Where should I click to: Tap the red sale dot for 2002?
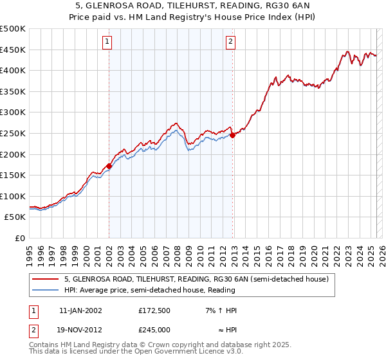tap(109, 166)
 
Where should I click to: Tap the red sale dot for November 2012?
tap(233, 135)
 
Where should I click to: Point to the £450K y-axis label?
tap(13, 50)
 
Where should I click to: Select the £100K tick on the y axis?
tap(13, 196)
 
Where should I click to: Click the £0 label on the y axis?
tap(19, 238)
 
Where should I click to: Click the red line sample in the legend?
tap(46, 280)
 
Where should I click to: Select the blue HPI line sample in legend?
tap(46, 290)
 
